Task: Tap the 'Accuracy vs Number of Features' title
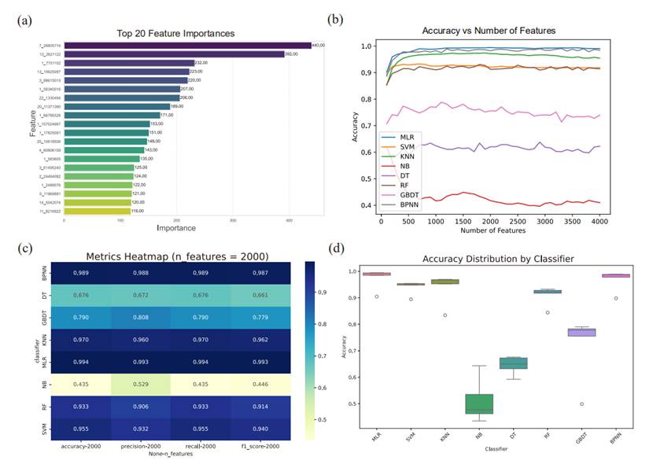pos(489,31)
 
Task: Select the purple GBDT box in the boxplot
pos(603,332)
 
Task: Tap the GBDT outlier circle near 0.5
pos(603,404)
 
